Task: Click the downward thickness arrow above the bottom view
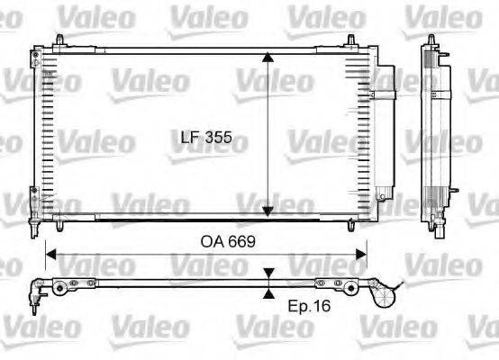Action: (268, 273)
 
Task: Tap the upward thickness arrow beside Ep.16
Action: (268, 292)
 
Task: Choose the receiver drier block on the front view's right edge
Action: (384, 126)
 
